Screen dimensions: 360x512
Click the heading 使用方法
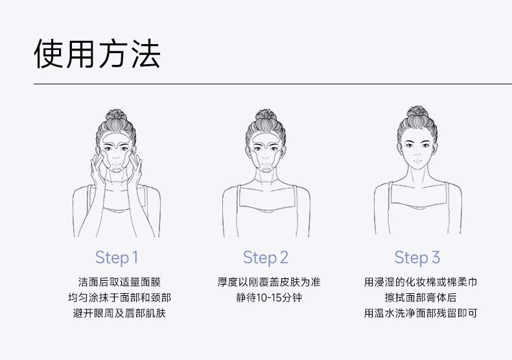click(97, 53)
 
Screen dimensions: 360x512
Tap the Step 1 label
click(117, 258)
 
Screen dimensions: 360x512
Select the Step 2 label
click(265, 258)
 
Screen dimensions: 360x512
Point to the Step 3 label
click(417, 258)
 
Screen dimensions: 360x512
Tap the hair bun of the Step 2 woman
click(266, 119)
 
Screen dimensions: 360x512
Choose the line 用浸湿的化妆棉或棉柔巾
click(421, 282)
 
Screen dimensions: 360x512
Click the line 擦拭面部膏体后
click(421, 298)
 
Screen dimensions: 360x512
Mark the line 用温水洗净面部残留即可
click(421, 315)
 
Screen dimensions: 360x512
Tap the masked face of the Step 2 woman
click(266, 152)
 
